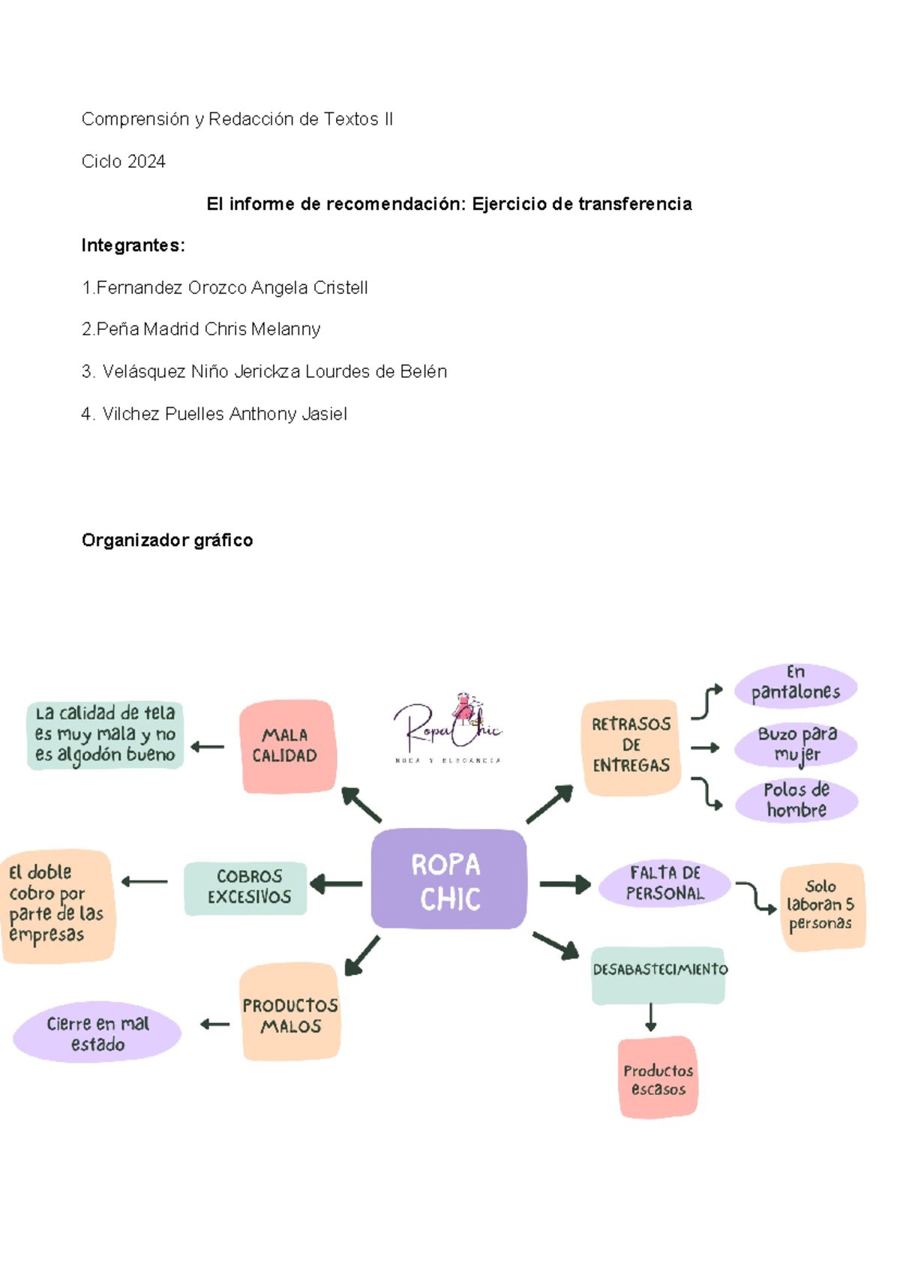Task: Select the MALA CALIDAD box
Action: point(288,746)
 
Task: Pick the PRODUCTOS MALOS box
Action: point(290,1011)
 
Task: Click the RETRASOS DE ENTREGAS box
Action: point(631,747)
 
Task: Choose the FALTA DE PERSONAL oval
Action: point(664,883)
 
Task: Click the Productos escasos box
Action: point(658,1077)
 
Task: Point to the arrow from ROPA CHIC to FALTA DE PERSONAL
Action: point(565,884)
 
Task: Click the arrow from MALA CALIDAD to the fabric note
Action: point(207,747)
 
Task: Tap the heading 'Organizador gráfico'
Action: point(167,540)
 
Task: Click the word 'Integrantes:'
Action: point(133,245)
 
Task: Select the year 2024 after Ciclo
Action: point(146,162)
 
